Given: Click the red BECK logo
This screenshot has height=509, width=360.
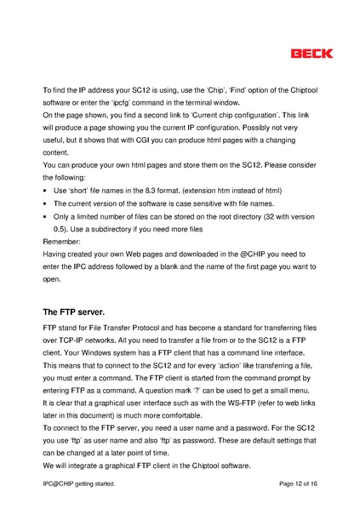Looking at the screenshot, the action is (312, 54).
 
